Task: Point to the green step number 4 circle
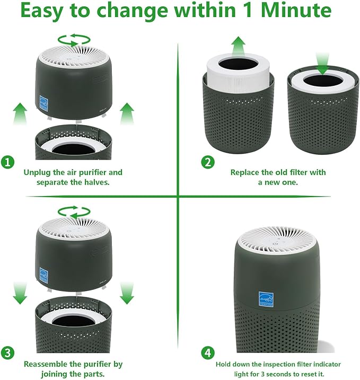point(207,352)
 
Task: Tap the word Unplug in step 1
point(38,172)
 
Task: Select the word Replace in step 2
point(247,172)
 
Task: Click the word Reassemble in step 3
point(48,364)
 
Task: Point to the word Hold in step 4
point(224,364)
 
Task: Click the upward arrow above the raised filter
point(239,47)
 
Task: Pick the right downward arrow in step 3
point(126,293)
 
